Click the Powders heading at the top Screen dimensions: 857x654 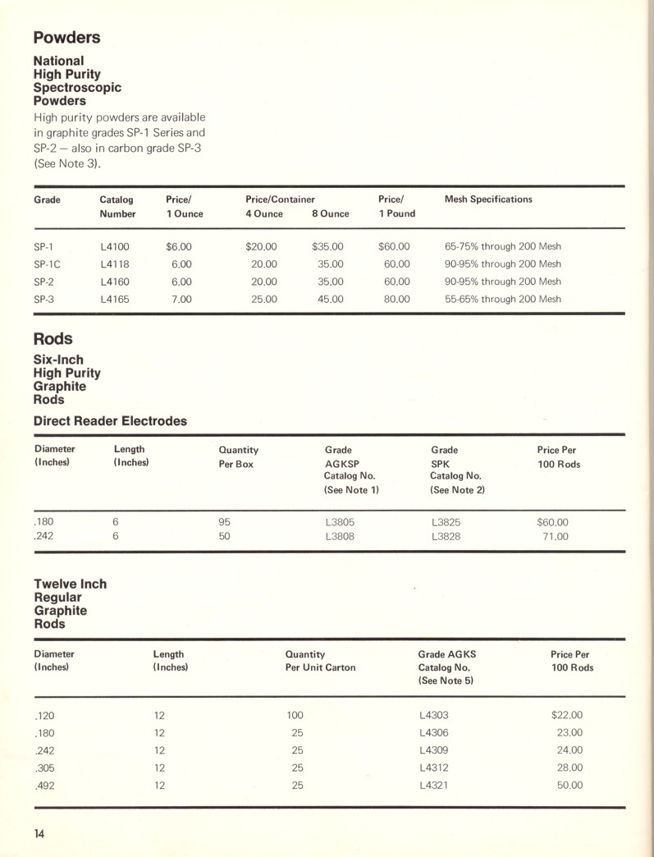pos(66,38)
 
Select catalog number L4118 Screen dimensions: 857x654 pos(114,264)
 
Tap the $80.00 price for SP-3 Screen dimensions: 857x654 pos(396,299)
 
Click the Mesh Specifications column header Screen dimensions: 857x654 pos(487,199)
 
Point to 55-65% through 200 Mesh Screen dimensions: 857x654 pos(502,299)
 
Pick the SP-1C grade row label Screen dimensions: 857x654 pos(47,264)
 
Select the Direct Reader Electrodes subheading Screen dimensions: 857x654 pos(110,421)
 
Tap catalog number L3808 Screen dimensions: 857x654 pos(340,537)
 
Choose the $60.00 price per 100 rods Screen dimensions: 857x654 pos(552,521)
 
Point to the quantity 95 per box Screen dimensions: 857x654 pos(225,521)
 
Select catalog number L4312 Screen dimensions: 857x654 pos(433,768)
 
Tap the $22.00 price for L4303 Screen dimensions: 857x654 pos(567,715)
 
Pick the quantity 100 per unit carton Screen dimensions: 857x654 pos(295,715)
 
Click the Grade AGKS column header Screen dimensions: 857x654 pos(446,655)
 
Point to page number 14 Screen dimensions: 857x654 pos(39,834)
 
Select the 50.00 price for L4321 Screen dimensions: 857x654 pos(569,786)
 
